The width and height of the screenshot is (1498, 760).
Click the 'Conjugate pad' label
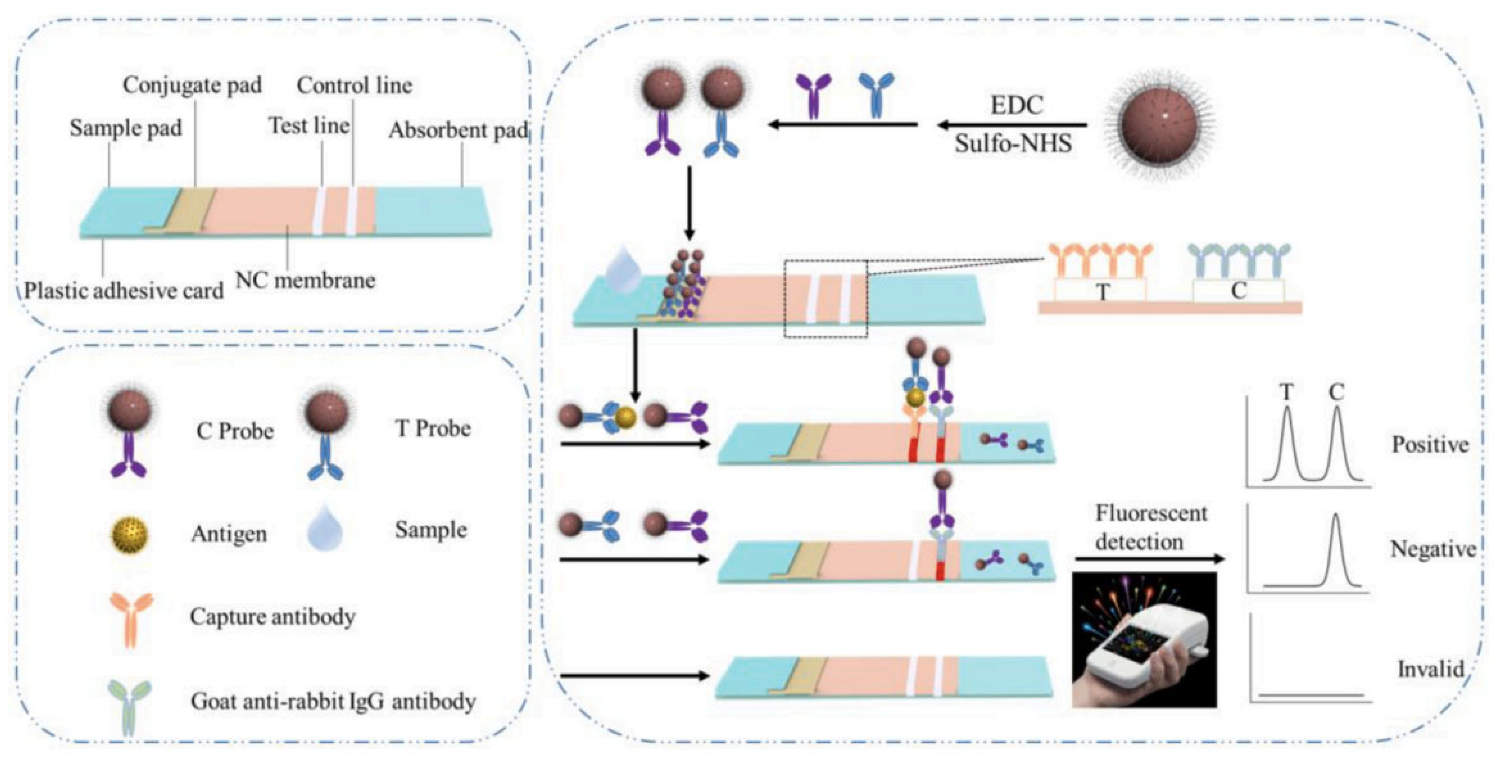pyautogui.click(x=192, y=85)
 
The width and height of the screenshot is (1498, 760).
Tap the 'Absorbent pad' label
pyautogui.click(x=458, y=130)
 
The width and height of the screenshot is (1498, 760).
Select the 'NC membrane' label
pyautogui.click(x=305, y=281)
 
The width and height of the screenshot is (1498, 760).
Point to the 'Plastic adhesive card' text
pyautogui.click(x=124, y=290)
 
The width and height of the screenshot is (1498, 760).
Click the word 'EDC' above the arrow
pyautogui.click(x=1017, y=105)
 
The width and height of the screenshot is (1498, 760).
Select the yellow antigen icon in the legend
pyautogui.click(x=129, y=535)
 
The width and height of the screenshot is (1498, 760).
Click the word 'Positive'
pyautogui.click(x=1430, y=444)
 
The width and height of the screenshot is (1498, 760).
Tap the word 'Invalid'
pyautogui.click(x=1430, y=669)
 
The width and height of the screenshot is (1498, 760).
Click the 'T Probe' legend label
pyautogui.click(x=433, y=429)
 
